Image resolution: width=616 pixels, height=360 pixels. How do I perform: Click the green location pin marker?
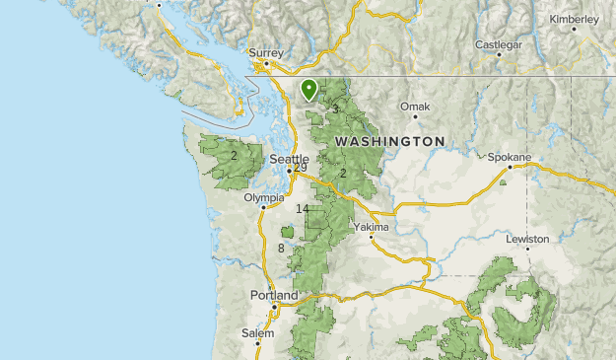coord(309,91)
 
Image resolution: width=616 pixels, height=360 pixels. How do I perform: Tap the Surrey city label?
coord(266,52)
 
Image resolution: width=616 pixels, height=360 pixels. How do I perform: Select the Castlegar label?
coord(497,44)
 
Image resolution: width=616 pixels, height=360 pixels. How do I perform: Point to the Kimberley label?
coord(576,19)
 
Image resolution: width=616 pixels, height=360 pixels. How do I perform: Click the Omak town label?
coord(415,106)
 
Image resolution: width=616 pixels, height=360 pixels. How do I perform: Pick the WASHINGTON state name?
coord(389,142)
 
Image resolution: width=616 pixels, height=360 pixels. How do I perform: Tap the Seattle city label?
coord(289,159)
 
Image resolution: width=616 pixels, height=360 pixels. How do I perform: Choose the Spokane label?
coord(510,157)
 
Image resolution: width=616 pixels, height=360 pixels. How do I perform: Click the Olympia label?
coord(263,197)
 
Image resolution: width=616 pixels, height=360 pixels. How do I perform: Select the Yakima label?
coord(372,227)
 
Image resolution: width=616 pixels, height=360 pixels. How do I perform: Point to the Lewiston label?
coord(530,239)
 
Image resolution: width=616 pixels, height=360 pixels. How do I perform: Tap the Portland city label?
coord(273,296)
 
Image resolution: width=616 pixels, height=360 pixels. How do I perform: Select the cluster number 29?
coord(300,168)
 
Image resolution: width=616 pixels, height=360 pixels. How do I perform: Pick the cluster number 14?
coord(302,209)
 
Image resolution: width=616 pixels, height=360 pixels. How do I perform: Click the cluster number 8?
coord(281,248)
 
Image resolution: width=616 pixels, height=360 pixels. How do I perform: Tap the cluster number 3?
coord(335,108)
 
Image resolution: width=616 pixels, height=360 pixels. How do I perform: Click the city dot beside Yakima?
coord(371,238)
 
